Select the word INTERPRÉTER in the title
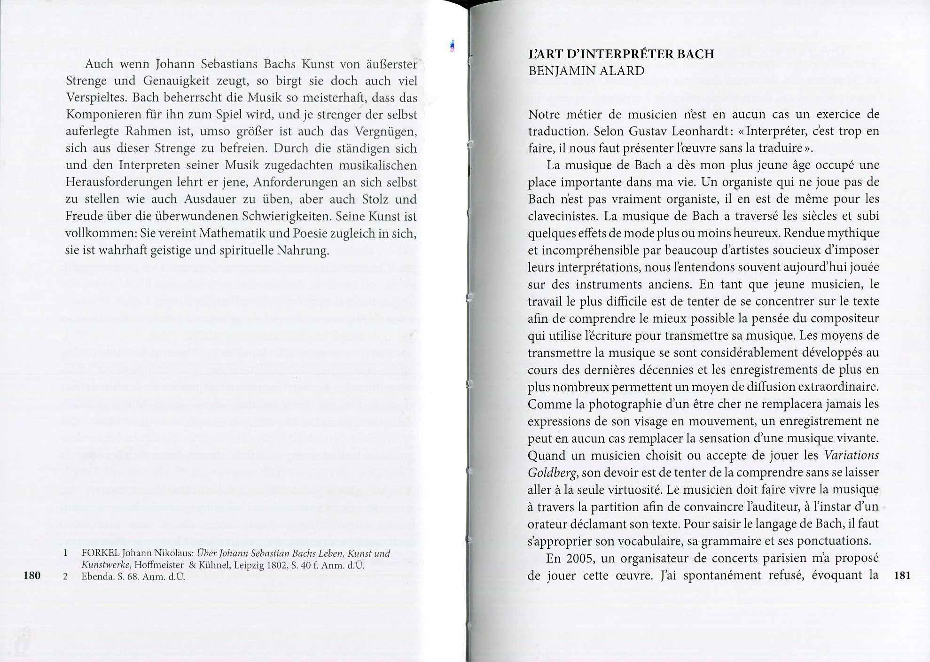(x=628, y=54)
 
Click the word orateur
(x=546, y=524)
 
